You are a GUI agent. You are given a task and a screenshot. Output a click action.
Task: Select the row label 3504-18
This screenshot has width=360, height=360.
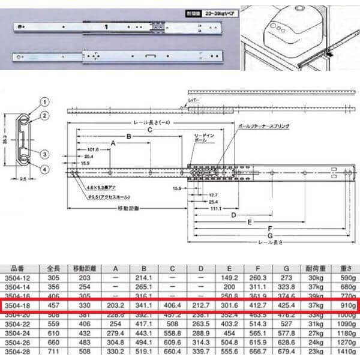(x=18, y=305)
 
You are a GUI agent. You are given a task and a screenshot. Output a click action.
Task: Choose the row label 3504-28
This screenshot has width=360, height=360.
(x=17, y=350)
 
